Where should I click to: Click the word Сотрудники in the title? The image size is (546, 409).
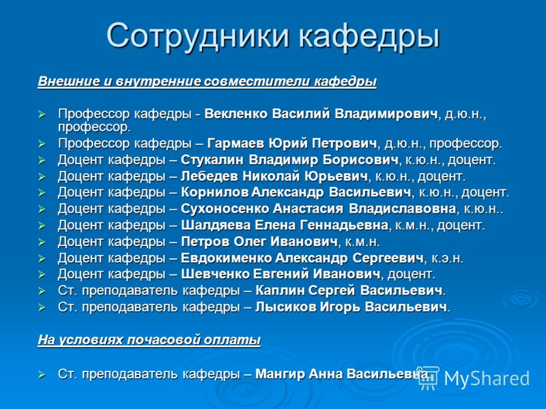coord(198,36)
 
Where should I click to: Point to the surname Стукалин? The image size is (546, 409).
coord(212,160)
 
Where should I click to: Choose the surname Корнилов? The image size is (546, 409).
coord(214,192)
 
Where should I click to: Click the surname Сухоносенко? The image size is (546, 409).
coord(225,209)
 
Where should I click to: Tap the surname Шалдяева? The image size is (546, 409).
coord(216,226)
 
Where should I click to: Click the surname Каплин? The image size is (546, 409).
coord(279,290)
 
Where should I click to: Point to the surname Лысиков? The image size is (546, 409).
coord(285,307)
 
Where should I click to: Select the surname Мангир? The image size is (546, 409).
coord(280,374)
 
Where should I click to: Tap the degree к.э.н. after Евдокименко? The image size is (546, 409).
coord(448,258)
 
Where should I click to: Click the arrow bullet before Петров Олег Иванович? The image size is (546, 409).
coord(42,242)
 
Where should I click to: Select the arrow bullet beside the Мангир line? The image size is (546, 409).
coord(42,374)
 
